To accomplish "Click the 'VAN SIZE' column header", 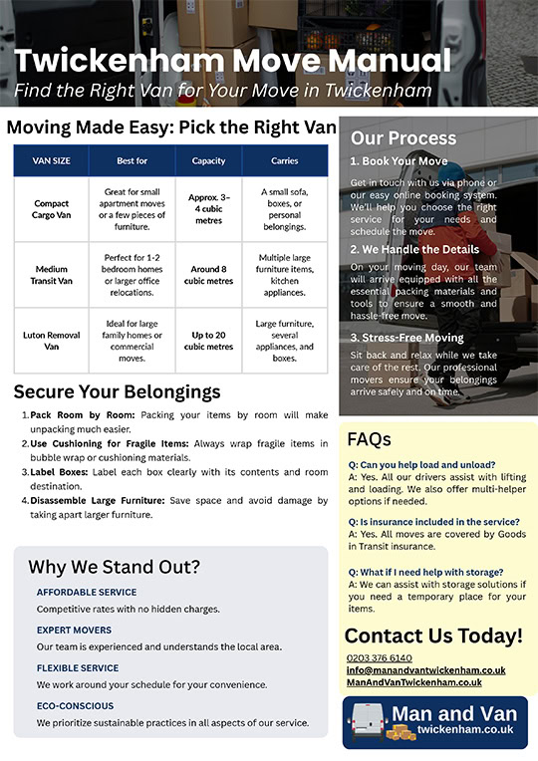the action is tap(51, 160).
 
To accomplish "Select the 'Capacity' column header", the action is tap(208, 160).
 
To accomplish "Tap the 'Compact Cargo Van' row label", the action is tap(51, 209).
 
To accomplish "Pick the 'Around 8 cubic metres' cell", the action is tap(208, 275).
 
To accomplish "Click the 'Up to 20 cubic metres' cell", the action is tap(208, 341).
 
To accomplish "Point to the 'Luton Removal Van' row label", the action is tap(51, 341).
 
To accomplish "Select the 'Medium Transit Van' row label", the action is tap(51, 275).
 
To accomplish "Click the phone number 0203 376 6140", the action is tap(380, 658).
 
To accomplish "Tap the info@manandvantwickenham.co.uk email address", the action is tap(425, 670).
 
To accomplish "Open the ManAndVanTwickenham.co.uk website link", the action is tap(414, 682).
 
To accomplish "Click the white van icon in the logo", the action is tap(368, 721).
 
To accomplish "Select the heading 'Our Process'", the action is tap(403, 138).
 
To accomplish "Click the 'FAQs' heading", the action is tap(369, 439).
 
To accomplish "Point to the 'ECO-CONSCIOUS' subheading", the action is tap(76, 705).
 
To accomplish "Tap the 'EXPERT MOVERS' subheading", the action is tap(74, 630).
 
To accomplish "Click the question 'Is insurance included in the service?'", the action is tap(434, 522).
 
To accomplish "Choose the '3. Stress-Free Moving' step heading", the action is tap(406, 338).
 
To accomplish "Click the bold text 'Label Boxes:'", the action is tap(59, 472).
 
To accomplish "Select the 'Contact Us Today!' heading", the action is tap(433, 635).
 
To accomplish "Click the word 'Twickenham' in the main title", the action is tap(119, 61).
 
